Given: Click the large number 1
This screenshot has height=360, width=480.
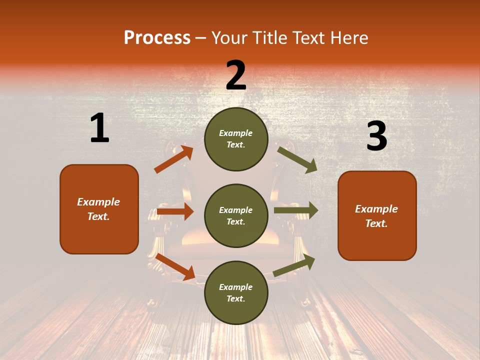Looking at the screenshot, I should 99,128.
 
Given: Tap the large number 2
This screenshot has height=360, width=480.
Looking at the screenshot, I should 236,75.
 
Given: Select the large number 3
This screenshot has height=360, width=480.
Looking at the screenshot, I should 376,136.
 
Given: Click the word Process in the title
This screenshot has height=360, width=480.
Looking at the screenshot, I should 157,37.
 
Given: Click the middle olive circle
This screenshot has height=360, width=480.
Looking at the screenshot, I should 236,215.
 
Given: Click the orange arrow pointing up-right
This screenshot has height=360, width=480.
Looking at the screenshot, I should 173,159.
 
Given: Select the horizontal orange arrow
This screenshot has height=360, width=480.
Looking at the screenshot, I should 175,211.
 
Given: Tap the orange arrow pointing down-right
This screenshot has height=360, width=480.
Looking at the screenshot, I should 175,266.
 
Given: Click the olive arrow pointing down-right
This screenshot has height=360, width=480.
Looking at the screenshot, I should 297,159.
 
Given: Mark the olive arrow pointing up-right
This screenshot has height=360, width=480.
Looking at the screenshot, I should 294,265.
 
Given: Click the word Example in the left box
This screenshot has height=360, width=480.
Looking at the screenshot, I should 98,202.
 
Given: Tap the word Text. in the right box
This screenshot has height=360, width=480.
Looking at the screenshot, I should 376,223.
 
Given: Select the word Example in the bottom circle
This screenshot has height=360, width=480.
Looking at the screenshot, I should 236,287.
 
